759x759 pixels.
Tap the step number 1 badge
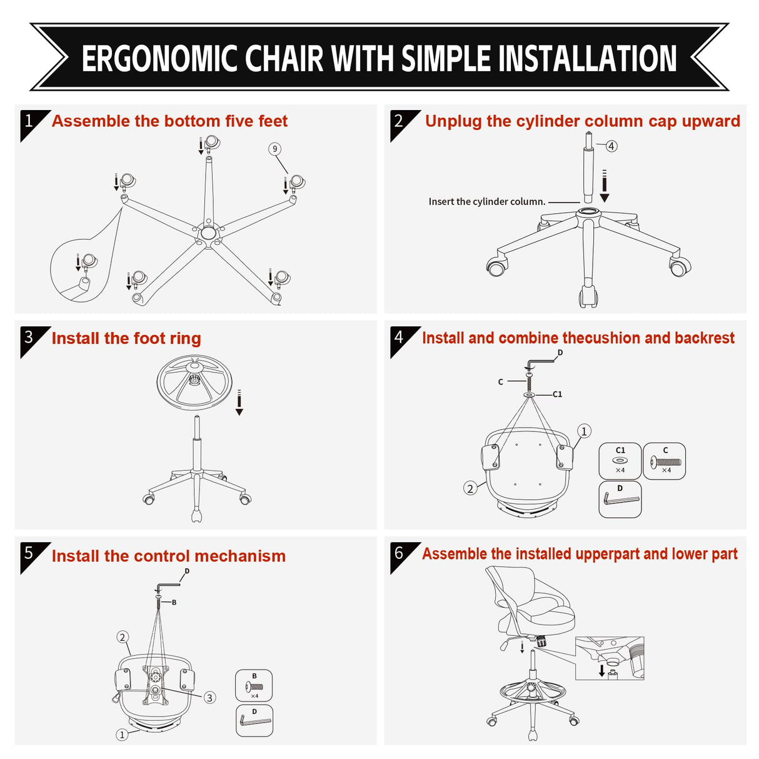[x=29, y=121]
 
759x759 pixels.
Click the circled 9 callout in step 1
[x=274, y=149]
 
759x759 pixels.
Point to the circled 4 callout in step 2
[x=611, y=146]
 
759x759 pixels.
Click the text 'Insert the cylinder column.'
[x=486, y=201]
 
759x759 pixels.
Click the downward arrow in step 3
[x=239, y=403]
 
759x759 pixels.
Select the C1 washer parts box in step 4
[x=620, y=461]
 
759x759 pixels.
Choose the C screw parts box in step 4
[x=665, y=461]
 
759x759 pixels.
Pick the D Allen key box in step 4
[x=620, y=499]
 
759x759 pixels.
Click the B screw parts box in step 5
[x=254, y=686]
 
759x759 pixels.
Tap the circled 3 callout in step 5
[x=210, y=698]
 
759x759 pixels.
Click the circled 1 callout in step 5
[x=123, y=735]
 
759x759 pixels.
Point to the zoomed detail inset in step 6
[x=609, y=658]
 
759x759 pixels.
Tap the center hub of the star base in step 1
[x=208, y=233]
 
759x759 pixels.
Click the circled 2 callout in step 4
[x=470, y=488]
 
